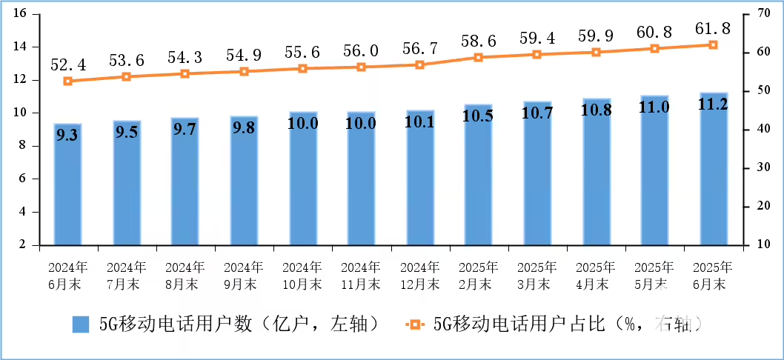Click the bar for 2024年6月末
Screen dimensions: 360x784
(67, 185)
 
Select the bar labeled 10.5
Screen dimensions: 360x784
(478, 178)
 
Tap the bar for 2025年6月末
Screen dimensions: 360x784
(713, 170)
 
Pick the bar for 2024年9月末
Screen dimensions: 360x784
(244, 181)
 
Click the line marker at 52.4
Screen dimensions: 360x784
(68, 81)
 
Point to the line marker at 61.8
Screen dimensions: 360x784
(713, 44)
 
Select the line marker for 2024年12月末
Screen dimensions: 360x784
(419, 64)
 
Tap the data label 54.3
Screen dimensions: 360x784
(185, 58)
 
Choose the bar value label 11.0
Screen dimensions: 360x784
(654, 107)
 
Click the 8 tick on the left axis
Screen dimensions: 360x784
(23, 146)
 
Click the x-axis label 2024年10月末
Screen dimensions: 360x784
(302, 275)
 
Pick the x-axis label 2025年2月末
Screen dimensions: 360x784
(478, 275)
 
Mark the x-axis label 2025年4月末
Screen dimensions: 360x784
(596, 275)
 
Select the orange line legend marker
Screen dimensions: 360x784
(414, 324)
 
